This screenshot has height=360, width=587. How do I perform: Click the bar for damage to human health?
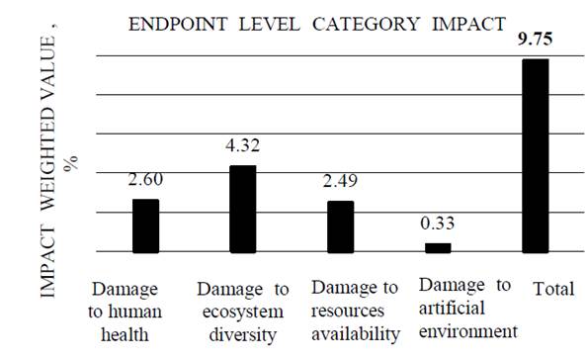[x=146, y=225]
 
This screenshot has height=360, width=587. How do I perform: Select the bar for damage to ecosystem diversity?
[x=243, y=209]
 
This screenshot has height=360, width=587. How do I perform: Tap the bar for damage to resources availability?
[x=341, y=226]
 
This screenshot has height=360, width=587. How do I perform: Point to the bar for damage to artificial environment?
[x=438, y=247]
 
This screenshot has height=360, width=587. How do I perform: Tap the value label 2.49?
[x=341, y=183]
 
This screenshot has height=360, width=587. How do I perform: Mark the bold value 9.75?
[x=535, y=41]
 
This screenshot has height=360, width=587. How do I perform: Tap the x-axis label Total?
[x=553, y=290]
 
